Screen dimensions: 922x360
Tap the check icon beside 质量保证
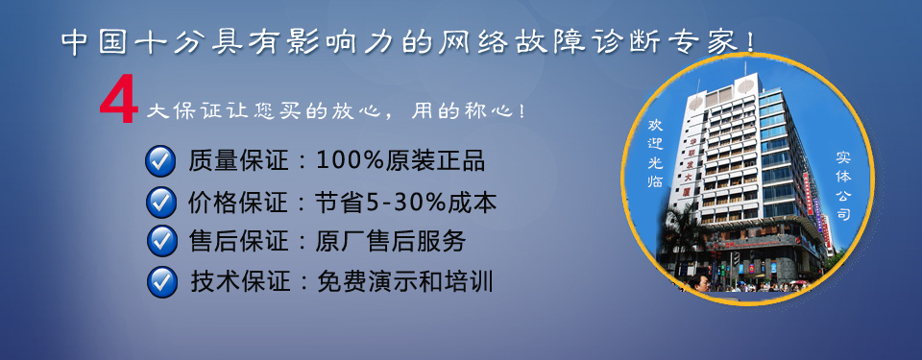[160, 161]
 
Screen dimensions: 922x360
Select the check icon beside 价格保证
[160, 202]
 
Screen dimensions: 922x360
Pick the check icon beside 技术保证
[162, 282]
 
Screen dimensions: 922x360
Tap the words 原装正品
[435, 160]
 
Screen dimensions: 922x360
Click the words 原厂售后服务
[391, 241]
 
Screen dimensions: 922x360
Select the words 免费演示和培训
[404, 282]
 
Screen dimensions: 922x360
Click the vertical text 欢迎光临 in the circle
[655, 154]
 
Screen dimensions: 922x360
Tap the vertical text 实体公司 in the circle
[844, 186]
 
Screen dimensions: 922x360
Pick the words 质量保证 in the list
[239, 160]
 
